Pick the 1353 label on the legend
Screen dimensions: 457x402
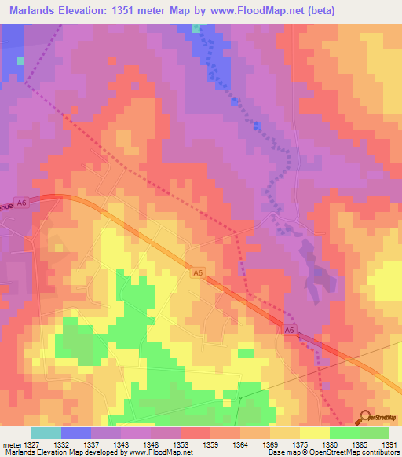(x=179, y=444)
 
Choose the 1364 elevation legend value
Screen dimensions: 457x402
(x=239, y=444)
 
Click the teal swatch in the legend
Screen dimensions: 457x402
(x=46, y=433)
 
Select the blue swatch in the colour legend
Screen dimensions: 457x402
(x=75, y=433)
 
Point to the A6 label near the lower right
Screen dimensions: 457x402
(x=290, y=331)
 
